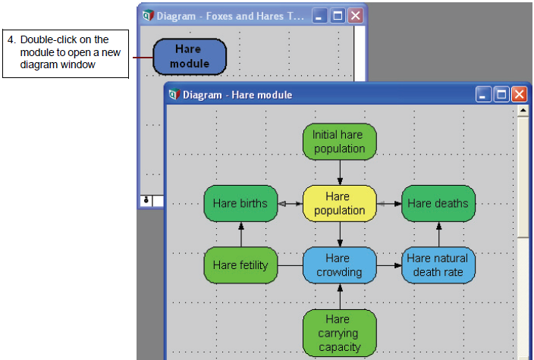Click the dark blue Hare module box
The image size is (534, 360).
[x=190, y=57]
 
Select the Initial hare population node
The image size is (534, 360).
[x=340, y=142]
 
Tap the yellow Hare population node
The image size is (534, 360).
[x=340, y=203]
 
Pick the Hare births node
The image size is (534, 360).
[x=240, y=203]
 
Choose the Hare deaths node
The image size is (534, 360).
[x=438, y=203]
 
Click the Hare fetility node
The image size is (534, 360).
[x=240, y=265]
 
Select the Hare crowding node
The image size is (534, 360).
[x=340, y=265]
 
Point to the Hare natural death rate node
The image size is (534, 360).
[x=438, y=265]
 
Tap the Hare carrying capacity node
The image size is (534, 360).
[x=340, y=333]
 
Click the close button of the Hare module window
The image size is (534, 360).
[x=519, y=94]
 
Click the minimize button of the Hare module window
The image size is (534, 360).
[x=483, y=94]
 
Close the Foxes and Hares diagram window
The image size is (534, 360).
[x=355, y=16]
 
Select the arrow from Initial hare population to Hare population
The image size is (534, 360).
[x=340, y=173]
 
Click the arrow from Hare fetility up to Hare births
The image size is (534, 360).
[x=241, y=234]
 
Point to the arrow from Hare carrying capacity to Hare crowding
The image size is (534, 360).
[x=340, y=296]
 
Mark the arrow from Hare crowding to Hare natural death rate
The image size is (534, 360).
[x=389, y=265]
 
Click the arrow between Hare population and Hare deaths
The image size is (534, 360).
[x=389, y=203]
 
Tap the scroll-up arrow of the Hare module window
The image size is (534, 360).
[x=523, y=110]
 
